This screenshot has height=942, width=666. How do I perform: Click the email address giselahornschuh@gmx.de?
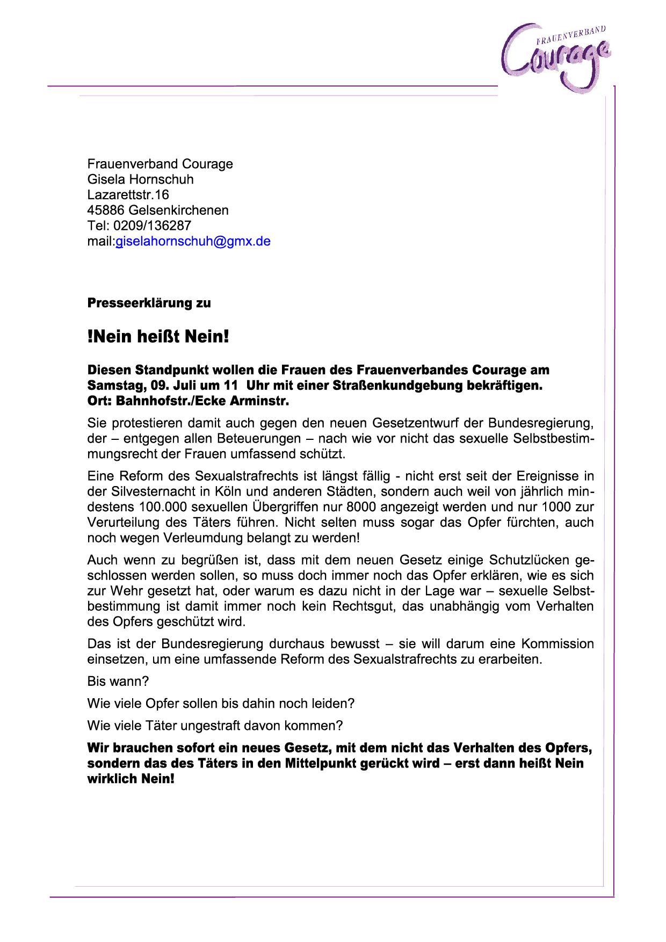coord(193,242)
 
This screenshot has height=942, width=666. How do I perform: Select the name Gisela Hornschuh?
coord(140,179)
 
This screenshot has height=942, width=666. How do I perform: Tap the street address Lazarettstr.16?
coord(128,194)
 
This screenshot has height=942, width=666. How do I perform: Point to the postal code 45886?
coord(106,210)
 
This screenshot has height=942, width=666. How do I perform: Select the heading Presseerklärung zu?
coord(149,303)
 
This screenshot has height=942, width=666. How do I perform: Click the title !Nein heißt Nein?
coord(158,337)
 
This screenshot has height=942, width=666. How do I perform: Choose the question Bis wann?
coord(118,682)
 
